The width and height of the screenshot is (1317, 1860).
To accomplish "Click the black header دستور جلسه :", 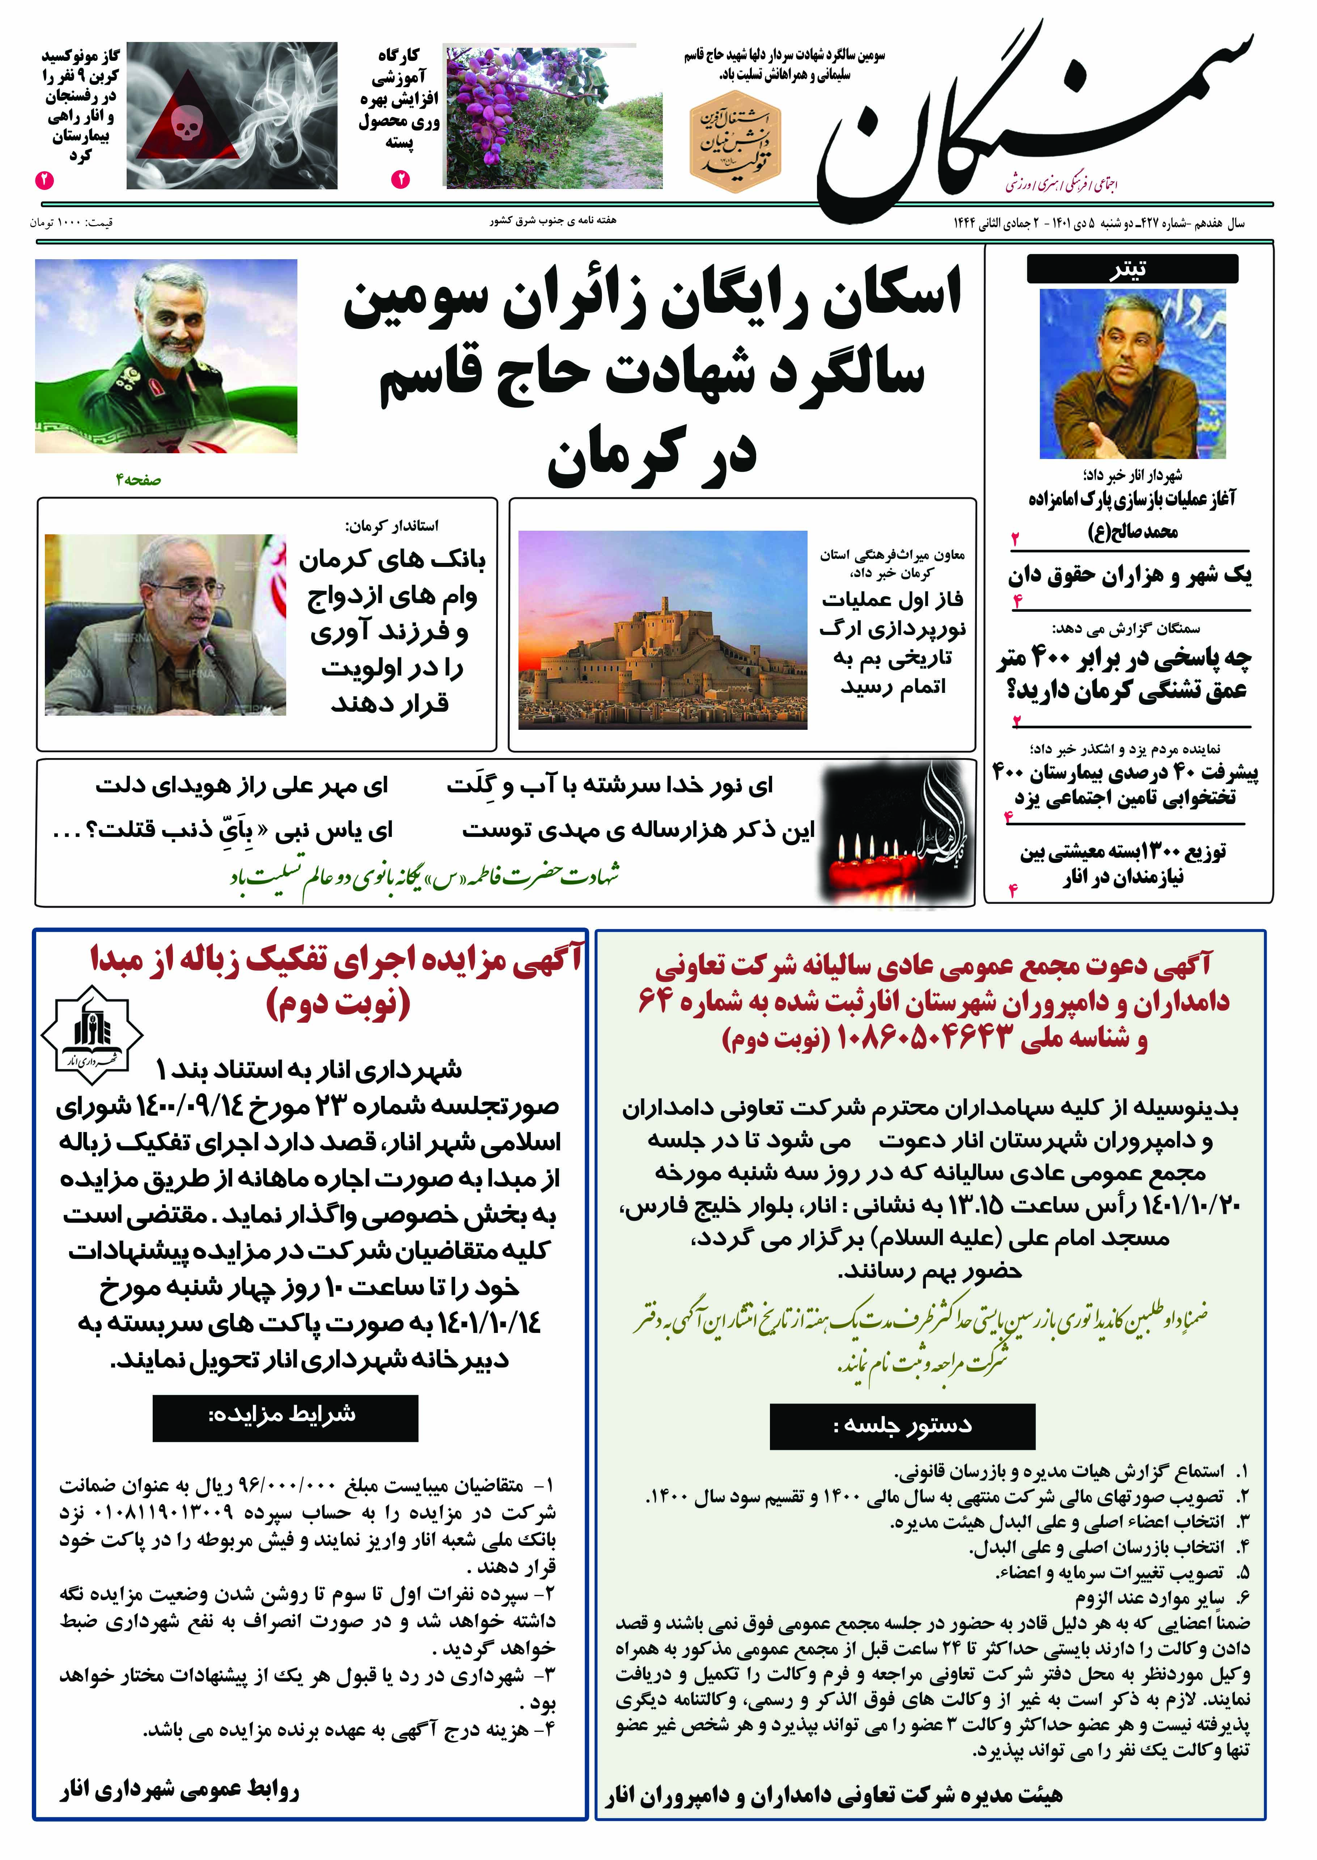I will (x=902, y=1425).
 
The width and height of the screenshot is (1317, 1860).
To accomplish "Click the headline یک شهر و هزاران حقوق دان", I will (x=1129, y=576).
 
